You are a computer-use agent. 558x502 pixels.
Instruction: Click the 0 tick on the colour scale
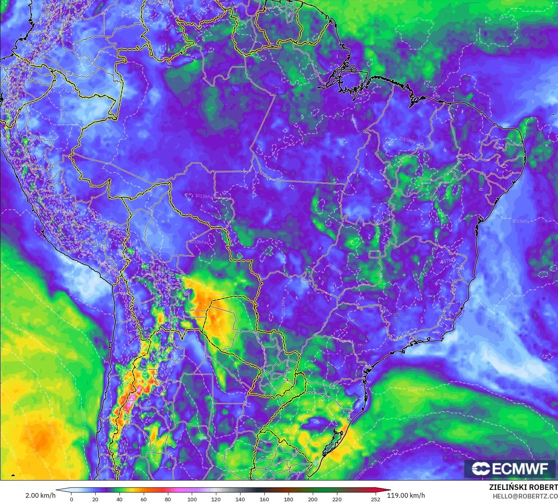[x=71, y=499]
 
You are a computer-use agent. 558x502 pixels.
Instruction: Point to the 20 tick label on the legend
[x=95, y=499]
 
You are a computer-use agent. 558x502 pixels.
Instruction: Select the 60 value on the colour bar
[x=144, y=499]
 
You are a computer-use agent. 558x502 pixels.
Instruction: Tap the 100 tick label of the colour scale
[x=192, y=499]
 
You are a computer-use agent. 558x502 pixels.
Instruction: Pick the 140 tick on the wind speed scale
[x=240, y=499]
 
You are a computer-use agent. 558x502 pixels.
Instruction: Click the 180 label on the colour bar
[x=289, y=499]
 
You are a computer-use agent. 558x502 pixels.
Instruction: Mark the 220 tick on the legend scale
[x=337, y=499]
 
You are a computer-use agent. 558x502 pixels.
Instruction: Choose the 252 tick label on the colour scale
[x=376, y=499]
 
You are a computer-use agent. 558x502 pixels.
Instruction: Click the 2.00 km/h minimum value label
[x=40, y=495]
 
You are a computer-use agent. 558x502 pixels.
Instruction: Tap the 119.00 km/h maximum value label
[x=406, y=495]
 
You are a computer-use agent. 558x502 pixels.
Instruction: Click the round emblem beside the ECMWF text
[x=481, y=468]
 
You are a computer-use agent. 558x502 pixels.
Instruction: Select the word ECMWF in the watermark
[x=520, y=468]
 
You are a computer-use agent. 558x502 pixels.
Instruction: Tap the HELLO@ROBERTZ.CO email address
[x=525, y=496]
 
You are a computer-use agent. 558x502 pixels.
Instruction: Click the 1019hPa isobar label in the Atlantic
[x=416, y=389]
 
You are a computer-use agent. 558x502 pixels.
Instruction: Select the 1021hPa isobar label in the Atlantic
[x=416, y=416]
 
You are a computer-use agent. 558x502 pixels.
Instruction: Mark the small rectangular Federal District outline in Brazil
[x=375, y=254]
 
